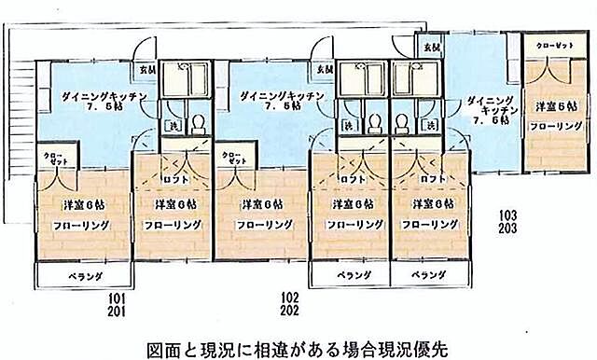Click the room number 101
pos(116,298)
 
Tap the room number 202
pos(289,311)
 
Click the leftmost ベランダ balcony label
pos(84,276)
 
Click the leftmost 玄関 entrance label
pos(147,69)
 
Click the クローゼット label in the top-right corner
pos(554,44)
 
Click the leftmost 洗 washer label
pos(172,125)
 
